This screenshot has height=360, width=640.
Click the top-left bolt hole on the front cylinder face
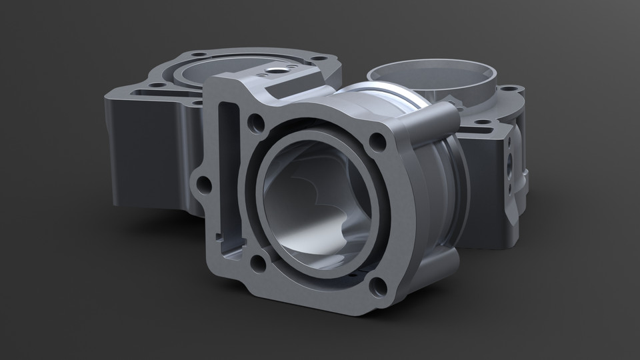click(255, 122)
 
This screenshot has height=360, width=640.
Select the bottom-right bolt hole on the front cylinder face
click(378, 287)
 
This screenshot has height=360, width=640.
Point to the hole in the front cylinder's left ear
click(204, 184)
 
